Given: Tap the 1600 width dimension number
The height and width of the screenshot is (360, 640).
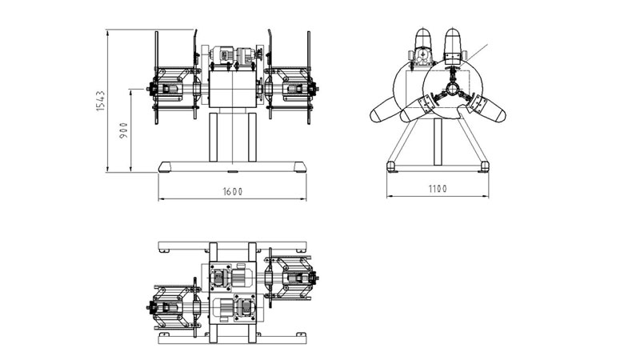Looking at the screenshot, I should point(233,191).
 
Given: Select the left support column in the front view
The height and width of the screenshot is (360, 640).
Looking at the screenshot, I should point(214,137).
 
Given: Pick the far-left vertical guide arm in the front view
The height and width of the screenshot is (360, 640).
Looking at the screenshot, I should point(157,76).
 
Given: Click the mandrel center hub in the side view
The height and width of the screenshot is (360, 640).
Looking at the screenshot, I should point(452,88).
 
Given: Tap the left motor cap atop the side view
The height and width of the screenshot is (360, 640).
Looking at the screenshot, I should point(423,40).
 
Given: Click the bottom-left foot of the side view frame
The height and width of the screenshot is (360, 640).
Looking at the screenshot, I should point(392,166).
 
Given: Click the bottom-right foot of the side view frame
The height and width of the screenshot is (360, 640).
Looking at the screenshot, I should point(482,166).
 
